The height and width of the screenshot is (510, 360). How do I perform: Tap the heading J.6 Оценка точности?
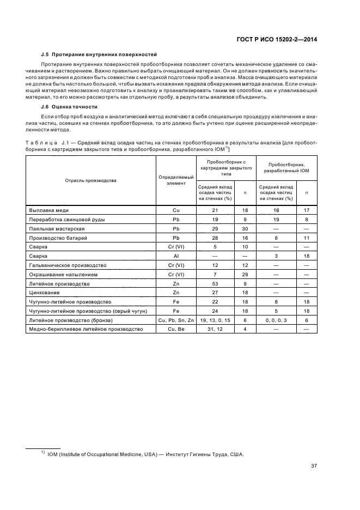click(x=69, y=107)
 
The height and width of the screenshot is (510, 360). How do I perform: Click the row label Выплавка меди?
click(x=48, y=210)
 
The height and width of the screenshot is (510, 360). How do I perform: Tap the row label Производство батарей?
click(x=58, y=238)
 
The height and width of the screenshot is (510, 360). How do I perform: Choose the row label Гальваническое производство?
click(x=68, y=265)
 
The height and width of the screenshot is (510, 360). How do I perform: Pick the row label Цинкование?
click(x=44, y=293)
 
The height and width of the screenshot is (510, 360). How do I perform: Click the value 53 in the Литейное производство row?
click(x=215, y=283)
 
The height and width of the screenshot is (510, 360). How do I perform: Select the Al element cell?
click(x=176, y=256)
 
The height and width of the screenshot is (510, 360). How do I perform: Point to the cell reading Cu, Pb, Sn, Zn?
click(x=176, y=320)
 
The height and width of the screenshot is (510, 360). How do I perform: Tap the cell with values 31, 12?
click(x=215, y=330)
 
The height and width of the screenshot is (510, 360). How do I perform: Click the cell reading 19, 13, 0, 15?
click(x=215, y=320)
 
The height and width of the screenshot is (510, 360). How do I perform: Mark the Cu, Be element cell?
click(x=176, y=330)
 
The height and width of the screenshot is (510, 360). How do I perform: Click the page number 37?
click(x=314, y=465)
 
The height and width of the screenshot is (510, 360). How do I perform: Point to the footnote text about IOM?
click(x=145, y=454)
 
